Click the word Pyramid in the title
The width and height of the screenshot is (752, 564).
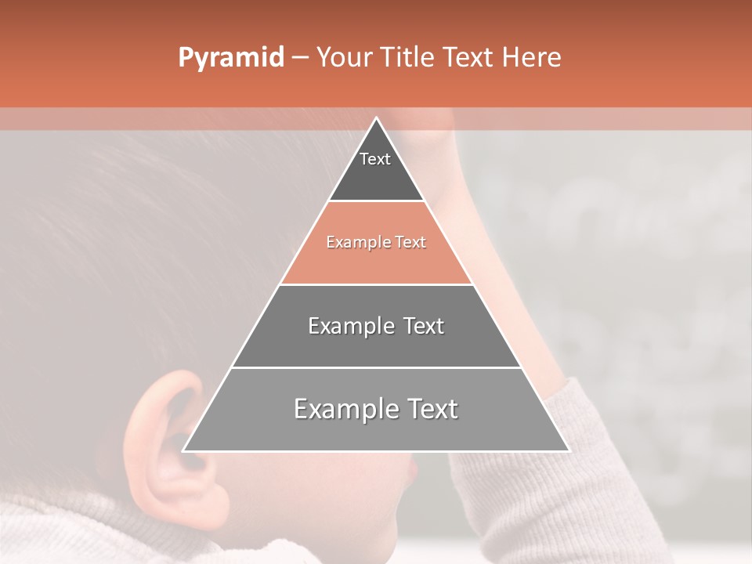click(230, 58)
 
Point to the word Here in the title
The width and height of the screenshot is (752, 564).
click(532, 58)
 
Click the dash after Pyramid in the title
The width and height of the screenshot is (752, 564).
click(300, 58)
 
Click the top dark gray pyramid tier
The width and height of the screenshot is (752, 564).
click(376, 176)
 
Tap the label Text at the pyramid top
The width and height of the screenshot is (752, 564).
click(375, 159)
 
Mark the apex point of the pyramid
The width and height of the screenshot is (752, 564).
click(376, 118)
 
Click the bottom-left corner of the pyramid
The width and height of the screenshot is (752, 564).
click(184, 450)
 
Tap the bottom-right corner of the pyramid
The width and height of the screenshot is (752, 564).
click(568, 450)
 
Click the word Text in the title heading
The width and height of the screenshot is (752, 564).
click(469, 58)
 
